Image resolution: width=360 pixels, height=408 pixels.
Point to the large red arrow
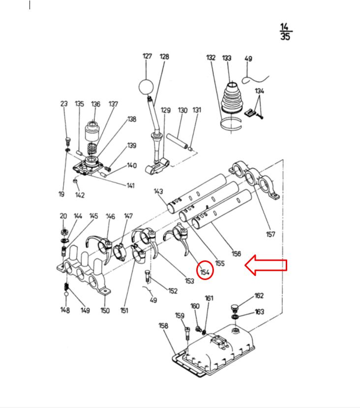266,266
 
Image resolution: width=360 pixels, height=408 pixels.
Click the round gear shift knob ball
147,87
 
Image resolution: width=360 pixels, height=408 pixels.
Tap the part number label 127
148,57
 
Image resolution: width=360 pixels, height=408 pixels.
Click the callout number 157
270,234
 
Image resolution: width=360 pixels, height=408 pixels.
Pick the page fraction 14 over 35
285,31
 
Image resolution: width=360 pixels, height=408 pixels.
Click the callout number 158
163,326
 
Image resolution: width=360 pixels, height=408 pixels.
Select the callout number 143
158,191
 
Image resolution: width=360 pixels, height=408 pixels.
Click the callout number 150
105,311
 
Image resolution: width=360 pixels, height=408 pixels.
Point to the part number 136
95,104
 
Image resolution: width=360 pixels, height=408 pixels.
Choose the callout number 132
211,58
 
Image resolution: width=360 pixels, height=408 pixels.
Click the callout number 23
64,104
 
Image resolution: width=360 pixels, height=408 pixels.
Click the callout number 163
259,312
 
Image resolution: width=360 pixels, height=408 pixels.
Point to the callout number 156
236,254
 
